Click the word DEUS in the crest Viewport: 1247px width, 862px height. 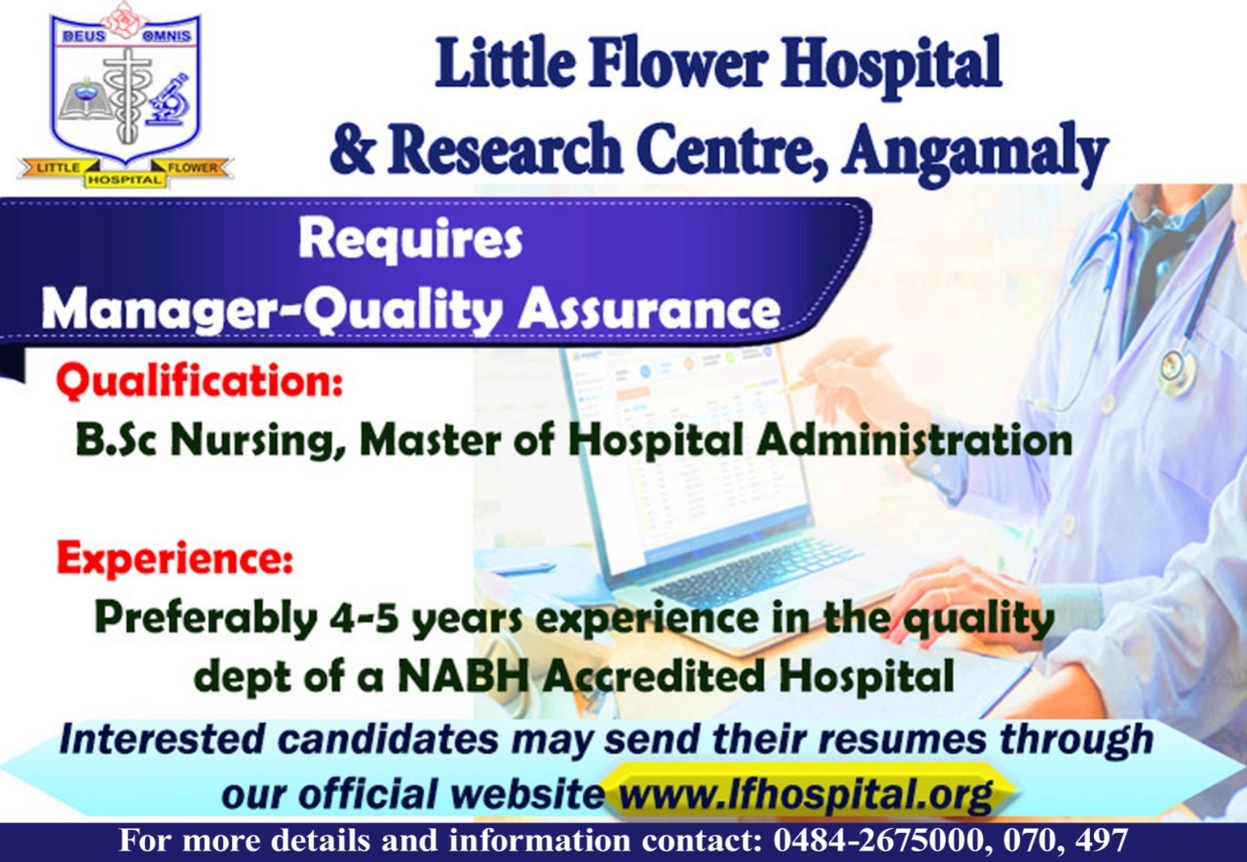84,36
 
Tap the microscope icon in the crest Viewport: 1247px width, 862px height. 170,99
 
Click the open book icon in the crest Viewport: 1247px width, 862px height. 83,102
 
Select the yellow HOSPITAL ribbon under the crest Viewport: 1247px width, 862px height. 126,180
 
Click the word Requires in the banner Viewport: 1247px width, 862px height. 410,241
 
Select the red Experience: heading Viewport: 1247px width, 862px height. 174,558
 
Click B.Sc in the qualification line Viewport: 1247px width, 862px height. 116,440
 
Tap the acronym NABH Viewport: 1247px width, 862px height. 463,676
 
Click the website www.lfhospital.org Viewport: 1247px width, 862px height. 806,793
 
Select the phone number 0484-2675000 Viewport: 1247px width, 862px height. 877,840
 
